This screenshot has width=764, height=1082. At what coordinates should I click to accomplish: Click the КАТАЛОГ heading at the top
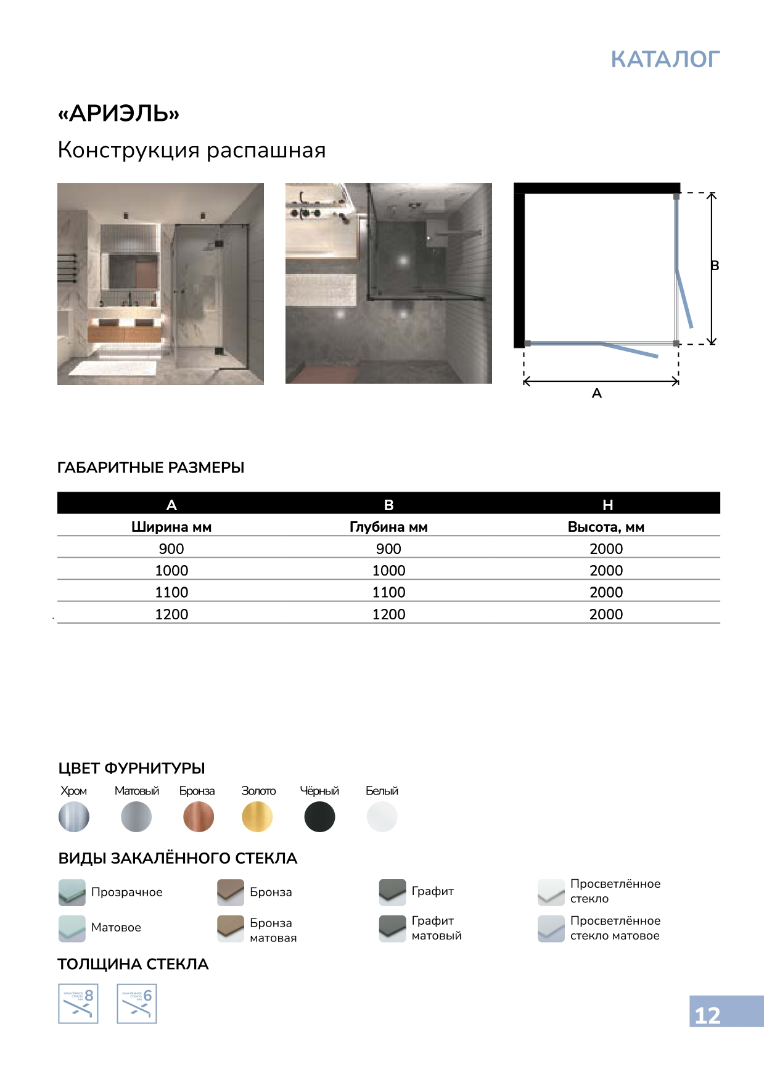pos(665,59)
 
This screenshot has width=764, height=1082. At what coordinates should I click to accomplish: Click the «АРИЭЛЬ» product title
pos(118,114)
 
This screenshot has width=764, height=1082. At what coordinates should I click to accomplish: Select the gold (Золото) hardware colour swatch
pos(257,817)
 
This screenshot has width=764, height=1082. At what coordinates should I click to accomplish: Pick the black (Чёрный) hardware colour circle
pos(319,817)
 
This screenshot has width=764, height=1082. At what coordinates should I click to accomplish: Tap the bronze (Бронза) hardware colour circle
pos(198,817)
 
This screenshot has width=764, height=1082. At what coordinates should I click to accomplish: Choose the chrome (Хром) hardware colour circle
pos(74,817)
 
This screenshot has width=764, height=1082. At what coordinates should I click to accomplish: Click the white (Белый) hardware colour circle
pos(382,817)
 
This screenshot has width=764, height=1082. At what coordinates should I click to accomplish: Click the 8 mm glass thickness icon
pos(78,1004)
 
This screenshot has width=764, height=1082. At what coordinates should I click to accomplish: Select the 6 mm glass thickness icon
pos(137,1004)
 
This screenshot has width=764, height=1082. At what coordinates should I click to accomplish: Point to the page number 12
pos(707,1015)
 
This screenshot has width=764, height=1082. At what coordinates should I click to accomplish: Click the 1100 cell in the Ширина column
pos(171,592)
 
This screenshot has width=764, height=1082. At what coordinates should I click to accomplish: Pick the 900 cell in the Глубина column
pos(388,548)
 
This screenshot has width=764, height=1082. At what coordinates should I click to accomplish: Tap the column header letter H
pos(607,505)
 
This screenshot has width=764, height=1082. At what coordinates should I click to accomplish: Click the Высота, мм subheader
pos(606,527)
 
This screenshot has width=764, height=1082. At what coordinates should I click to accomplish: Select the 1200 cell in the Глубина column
pos(388,614)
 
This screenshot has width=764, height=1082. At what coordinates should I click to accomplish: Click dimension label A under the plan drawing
pos(596,394)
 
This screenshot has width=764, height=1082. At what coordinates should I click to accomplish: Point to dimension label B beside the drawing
pos(715,266)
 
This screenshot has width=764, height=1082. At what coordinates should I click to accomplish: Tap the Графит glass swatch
pos(392,892)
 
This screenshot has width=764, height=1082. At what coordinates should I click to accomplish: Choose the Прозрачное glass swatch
pos(72,892)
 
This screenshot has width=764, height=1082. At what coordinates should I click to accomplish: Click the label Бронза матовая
pos(273,930)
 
